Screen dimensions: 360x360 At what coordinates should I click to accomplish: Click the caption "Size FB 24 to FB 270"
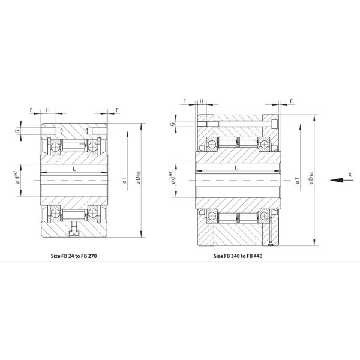(x=74, y=256)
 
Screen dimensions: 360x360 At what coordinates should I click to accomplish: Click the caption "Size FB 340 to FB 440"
(x=238, y=256)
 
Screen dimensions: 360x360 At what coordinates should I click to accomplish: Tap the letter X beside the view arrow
(x=350, y=175)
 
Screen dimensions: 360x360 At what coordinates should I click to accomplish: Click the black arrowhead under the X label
(x=337, y=180)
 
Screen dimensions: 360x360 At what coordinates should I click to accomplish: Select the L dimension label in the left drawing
(x=74, y=169)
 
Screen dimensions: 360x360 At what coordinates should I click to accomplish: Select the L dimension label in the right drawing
(x=236, y=167)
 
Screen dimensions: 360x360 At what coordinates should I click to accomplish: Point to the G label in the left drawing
(x=17, y=131)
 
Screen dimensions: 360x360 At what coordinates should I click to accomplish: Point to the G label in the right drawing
(x=173, y=124)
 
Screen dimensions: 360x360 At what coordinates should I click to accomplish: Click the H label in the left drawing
(x=48, y=110)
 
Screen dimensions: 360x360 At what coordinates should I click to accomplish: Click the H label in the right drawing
(x=202, y=101)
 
